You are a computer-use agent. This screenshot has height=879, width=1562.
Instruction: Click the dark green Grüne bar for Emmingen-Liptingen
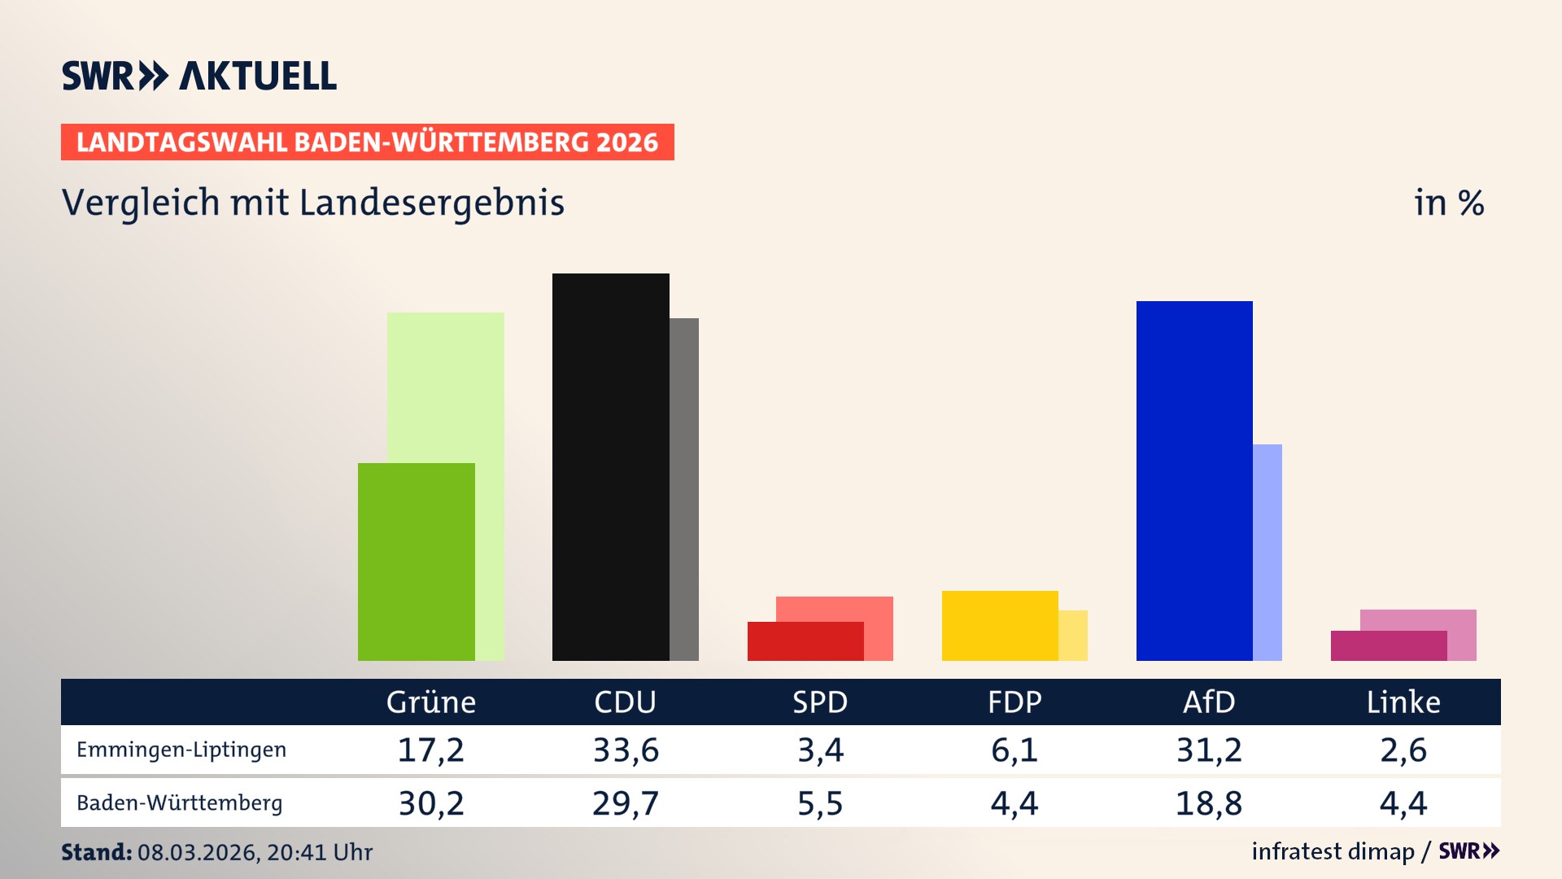click(416, 562)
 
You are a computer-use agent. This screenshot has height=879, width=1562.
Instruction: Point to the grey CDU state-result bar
click(684, 488)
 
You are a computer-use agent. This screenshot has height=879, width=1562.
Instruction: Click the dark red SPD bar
click(805, 641)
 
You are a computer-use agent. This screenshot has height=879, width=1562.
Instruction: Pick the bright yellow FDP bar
click(1000, 625)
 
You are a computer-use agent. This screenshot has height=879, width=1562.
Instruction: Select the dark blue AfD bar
click(1194, 480)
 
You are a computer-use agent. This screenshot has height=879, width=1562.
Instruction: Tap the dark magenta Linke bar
click(1389, 645)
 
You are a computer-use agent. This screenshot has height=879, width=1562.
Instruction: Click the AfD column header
click(1209, 702)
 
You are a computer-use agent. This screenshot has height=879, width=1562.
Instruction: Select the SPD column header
click(820, 702)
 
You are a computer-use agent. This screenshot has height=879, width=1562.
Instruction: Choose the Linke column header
click(1403, 702)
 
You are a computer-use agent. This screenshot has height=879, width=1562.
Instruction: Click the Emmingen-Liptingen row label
click(181, 750)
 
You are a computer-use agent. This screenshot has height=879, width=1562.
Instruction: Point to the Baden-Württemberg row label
click(180, 802)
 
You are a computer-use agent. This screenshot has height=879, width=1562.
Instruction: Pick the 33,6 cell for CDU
click(626, 750)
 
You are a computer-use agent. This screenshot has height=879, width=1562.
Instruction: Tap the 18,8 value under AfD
click(1209, 803)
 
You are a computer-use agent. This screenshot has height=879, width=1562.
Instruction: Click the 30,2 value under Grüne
click(431, 803)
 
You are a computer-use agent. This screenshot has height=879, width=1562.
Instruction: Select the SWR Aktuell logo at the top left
click(199, 76)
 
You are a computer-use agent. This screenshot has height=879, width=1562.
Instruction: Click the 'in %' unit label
click(1449, 203)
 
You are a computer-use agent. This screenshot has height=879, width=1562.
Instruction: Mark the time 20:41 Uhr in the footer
click(320, 852)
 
